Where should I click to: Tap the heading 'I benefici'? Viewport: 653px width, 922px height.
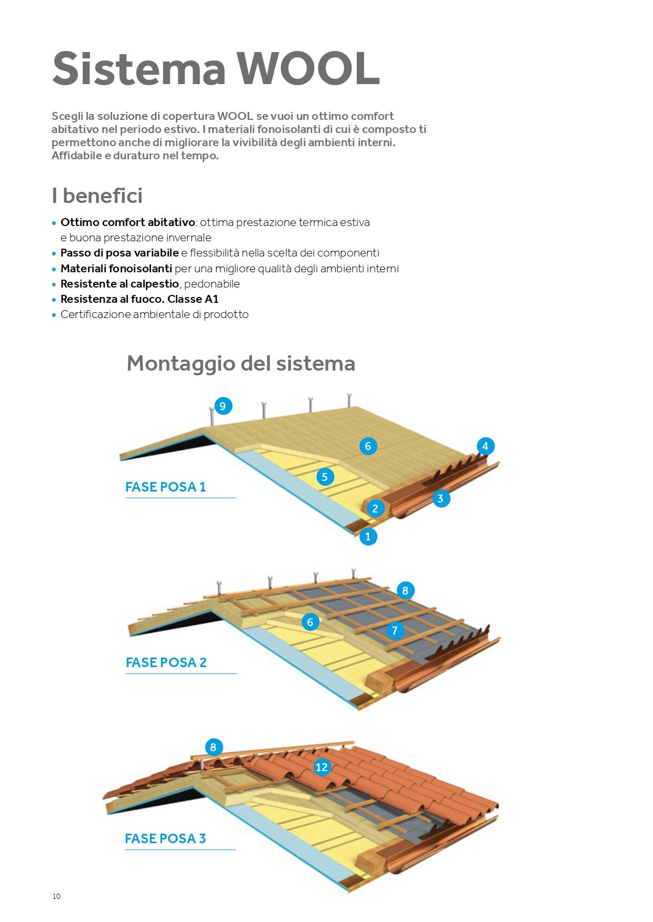click(97, 196)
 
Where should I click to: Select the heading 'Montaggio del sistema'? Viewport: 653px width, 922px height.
click(241, 363)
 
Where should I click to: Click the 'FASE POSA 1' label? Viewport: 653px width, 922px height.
click(165, 487)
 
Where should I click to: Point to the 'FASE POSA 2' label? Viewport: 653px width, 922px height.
click(166, 662)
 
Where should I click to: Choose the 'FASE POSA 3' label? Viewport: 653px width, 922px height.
click(165, 838)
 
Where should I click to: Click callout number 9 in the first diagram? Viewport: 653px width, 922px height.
click(223, 406)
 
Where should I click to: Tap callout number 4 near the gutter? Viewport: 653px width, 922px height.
click(485, 446)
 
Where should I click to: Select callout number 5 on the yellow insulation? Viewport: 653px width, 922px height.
click(325, 477)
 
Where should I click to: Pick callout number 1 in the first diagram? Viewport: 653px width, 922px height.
click(368, 536)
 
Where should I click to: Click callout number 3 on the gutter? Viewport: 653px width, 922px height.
click(440, 498)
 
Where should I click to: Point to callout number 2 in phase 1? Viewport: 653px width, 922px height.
click(375, 508)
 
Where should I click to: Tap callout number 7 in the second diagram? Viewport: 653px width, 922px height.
click(395, 630)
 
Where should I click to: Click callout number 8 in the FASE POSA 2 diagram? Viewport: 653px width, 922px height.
click(405, 590)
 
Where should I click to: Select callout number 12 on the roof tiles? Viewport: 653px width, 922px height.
click(322, 767)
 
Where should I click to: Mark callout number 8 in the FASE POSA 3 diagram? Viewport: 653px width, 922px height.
click(213, 747)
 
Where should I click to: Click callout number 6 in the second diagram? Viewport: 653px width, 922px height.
click(310, 622)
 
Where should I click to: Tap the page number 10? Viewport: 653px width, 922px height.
click(56, 896)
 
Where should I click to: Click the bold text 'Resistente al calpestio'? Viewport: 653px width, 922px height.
click(119, 284)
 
